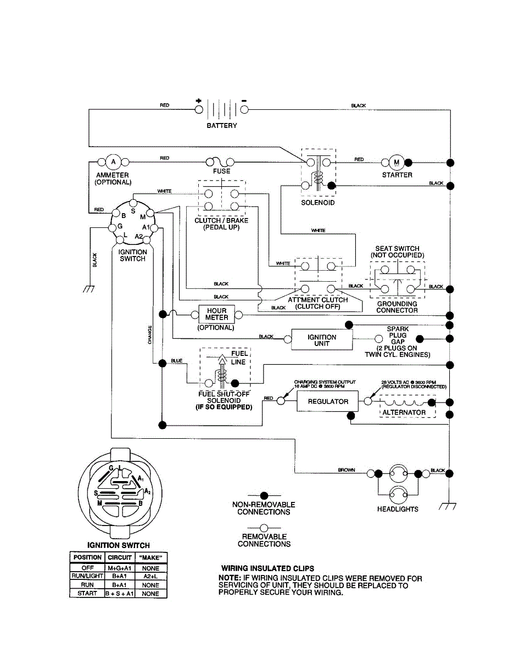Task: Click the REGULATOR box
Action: (x=328, y=401)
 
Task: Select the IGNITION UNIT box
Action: (x=322, y=340)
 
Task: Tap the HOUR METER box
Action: (x=216, y=314)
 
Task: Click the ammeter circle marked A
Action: (x=114, y=162)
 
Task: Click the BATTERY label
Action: (x=222, y=126)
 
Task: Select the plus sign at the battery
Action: (x=198, y=100)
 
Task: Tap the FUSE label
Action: (x=221, y=171)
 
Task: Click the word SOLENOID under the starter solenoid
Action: (x=317, y=203)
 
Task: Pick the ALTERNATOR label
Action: (x=404, y=412)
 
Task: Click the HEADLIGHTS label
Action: (x=398, y=509)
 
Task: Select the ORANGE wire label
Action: (x=150, y=335)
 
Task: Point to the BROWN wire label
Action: (x=347, y=470)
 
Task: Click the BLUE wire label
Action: (x=176, y=361)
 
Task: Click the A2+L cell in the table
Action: (x=150, y=576)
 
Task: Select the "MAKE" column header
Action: (x=150, y=557)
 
